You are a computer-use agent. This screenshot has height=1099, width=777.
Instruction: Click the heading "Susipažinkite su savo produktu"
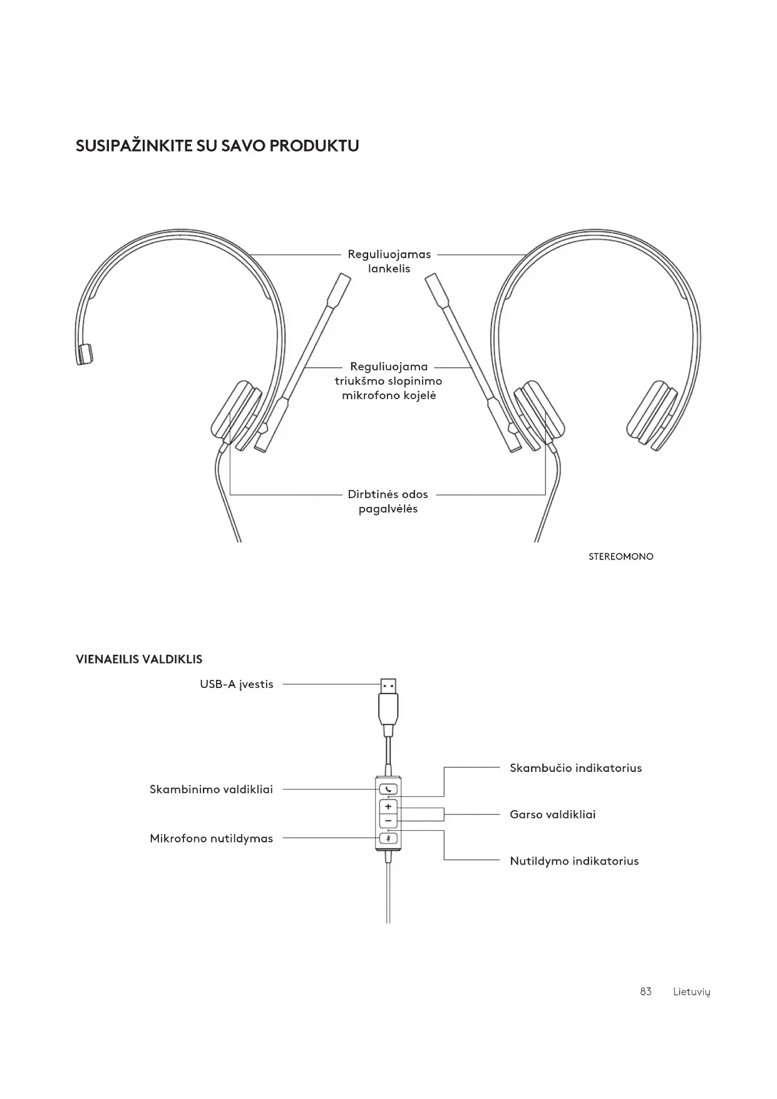(217, 146)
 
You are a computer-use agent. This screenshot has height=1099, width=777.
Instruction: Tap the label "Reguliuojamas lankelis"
(389, 261)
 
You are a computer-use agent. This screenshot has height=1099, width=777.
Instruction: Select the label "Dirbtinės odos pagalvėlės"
(388, 501)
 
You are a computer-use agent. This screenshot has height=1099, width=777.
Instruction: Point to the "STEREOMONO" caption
(620, 556)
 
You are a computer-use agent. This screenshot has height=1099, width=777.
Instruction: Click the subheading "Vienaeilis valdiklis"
(139, 659)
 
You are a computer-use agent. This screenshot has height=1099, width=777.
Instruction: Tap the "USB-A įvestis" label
(237, 684)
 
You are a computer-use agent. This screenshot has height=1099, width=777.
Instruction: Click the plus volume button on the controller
(388, 806)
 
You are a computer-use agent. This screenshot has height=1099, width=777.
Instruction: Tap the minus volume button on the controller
(388, 821)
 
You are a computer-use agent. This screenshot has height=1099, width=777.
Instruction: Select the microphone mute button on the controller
(388, 838)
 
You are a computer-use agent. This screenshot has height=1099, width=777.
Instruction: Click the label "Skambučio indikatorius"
(575, 768)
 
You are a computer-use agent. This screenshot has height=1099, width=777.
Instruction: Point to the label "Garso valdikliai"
(552, 815)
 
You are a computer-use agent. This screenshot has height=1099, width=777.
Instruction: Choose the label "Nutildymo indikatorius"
(574, 861)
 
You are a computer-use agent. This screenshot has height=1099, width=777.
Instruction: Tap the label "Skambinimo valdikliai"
(211, 789)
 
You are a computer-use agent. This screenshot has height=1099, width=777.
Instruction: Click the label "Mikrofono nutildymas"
(211, 838)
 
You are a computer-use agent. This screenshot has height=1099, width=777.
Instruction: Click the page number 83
(646, 991)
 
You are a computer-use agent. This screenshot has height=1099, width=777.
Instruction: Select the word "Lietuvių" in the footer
(691, 992)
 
